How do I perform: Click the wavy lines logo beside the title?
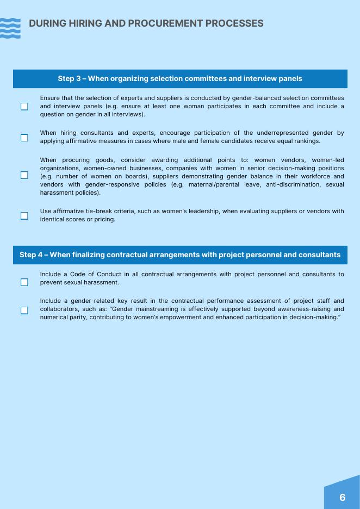point(10,28)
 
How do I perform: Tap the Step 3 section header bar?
point(180,78)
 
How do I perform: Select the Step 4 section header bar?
point(180,254)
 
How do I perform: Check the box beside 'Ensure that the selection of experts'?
point(24,107)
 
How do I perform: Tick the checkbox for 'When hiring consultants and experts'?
point(24,138)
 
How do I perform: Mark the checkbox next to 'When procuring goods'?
point(24,175)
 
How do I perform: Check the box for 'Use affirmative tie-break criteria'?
point(24,216)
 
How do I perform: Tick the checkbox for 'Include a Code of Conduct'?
point(24,282)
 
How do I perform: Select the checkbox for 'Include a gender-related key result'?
point(24,311)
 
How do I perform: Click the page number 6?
point(342,497)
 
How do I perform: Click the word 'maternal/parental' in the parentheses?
point(214,184)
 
